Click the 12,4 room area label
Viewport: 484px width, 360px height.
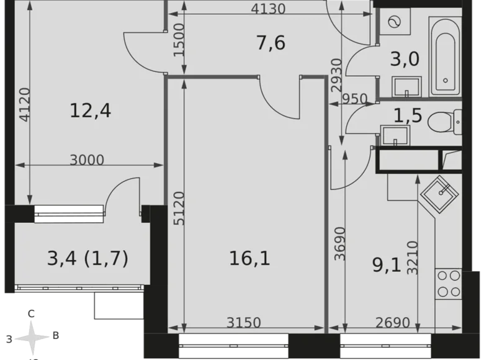pyautogui.click(x=90, y=112)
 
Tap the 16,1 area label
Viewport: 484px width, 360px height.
pyautogui.click(x=249, y=257)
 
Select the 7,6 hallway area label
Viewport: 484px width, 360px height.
pyautogui.click(x=271, y=43)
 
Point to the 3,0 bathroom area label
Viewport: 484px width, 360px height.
pyautogui.click(x=405, y=60)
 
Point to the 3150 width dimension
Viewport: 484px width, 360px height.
pyautogui.click(x=243, y=323)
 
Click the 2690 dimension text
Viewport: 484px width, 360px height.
pyautogui.click(x=392, y=323)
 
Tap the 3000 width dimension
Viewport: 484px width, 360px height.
pyautogui.click(x=87, y=160)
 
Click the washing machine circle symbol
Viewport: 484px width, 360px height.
pyautogui.click(x=393, y=22)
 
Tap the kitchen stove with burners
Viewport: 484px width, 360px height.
pyautogui.click(x=448, y=284)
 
